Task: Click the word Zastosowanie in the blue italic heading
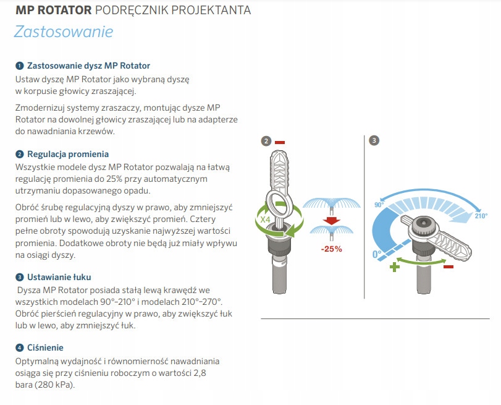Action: (64, 31)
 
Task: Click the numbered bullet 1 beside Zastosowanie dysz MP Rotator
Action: (20, 66)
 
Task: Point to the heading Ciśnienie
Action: (45, 347)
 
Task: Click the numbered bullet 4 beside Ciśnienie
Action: (20, 347)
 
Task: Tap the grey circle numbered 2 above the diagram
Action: (266, 141)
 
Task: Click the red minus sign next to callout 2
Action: (280, 142)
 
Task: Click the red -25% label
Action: (331, 249)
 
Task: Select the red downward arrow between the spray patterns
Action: (332, 221)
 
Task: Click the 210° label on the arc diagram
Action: (481, 215)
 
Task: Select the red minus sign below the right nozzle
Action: (448, 266)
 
